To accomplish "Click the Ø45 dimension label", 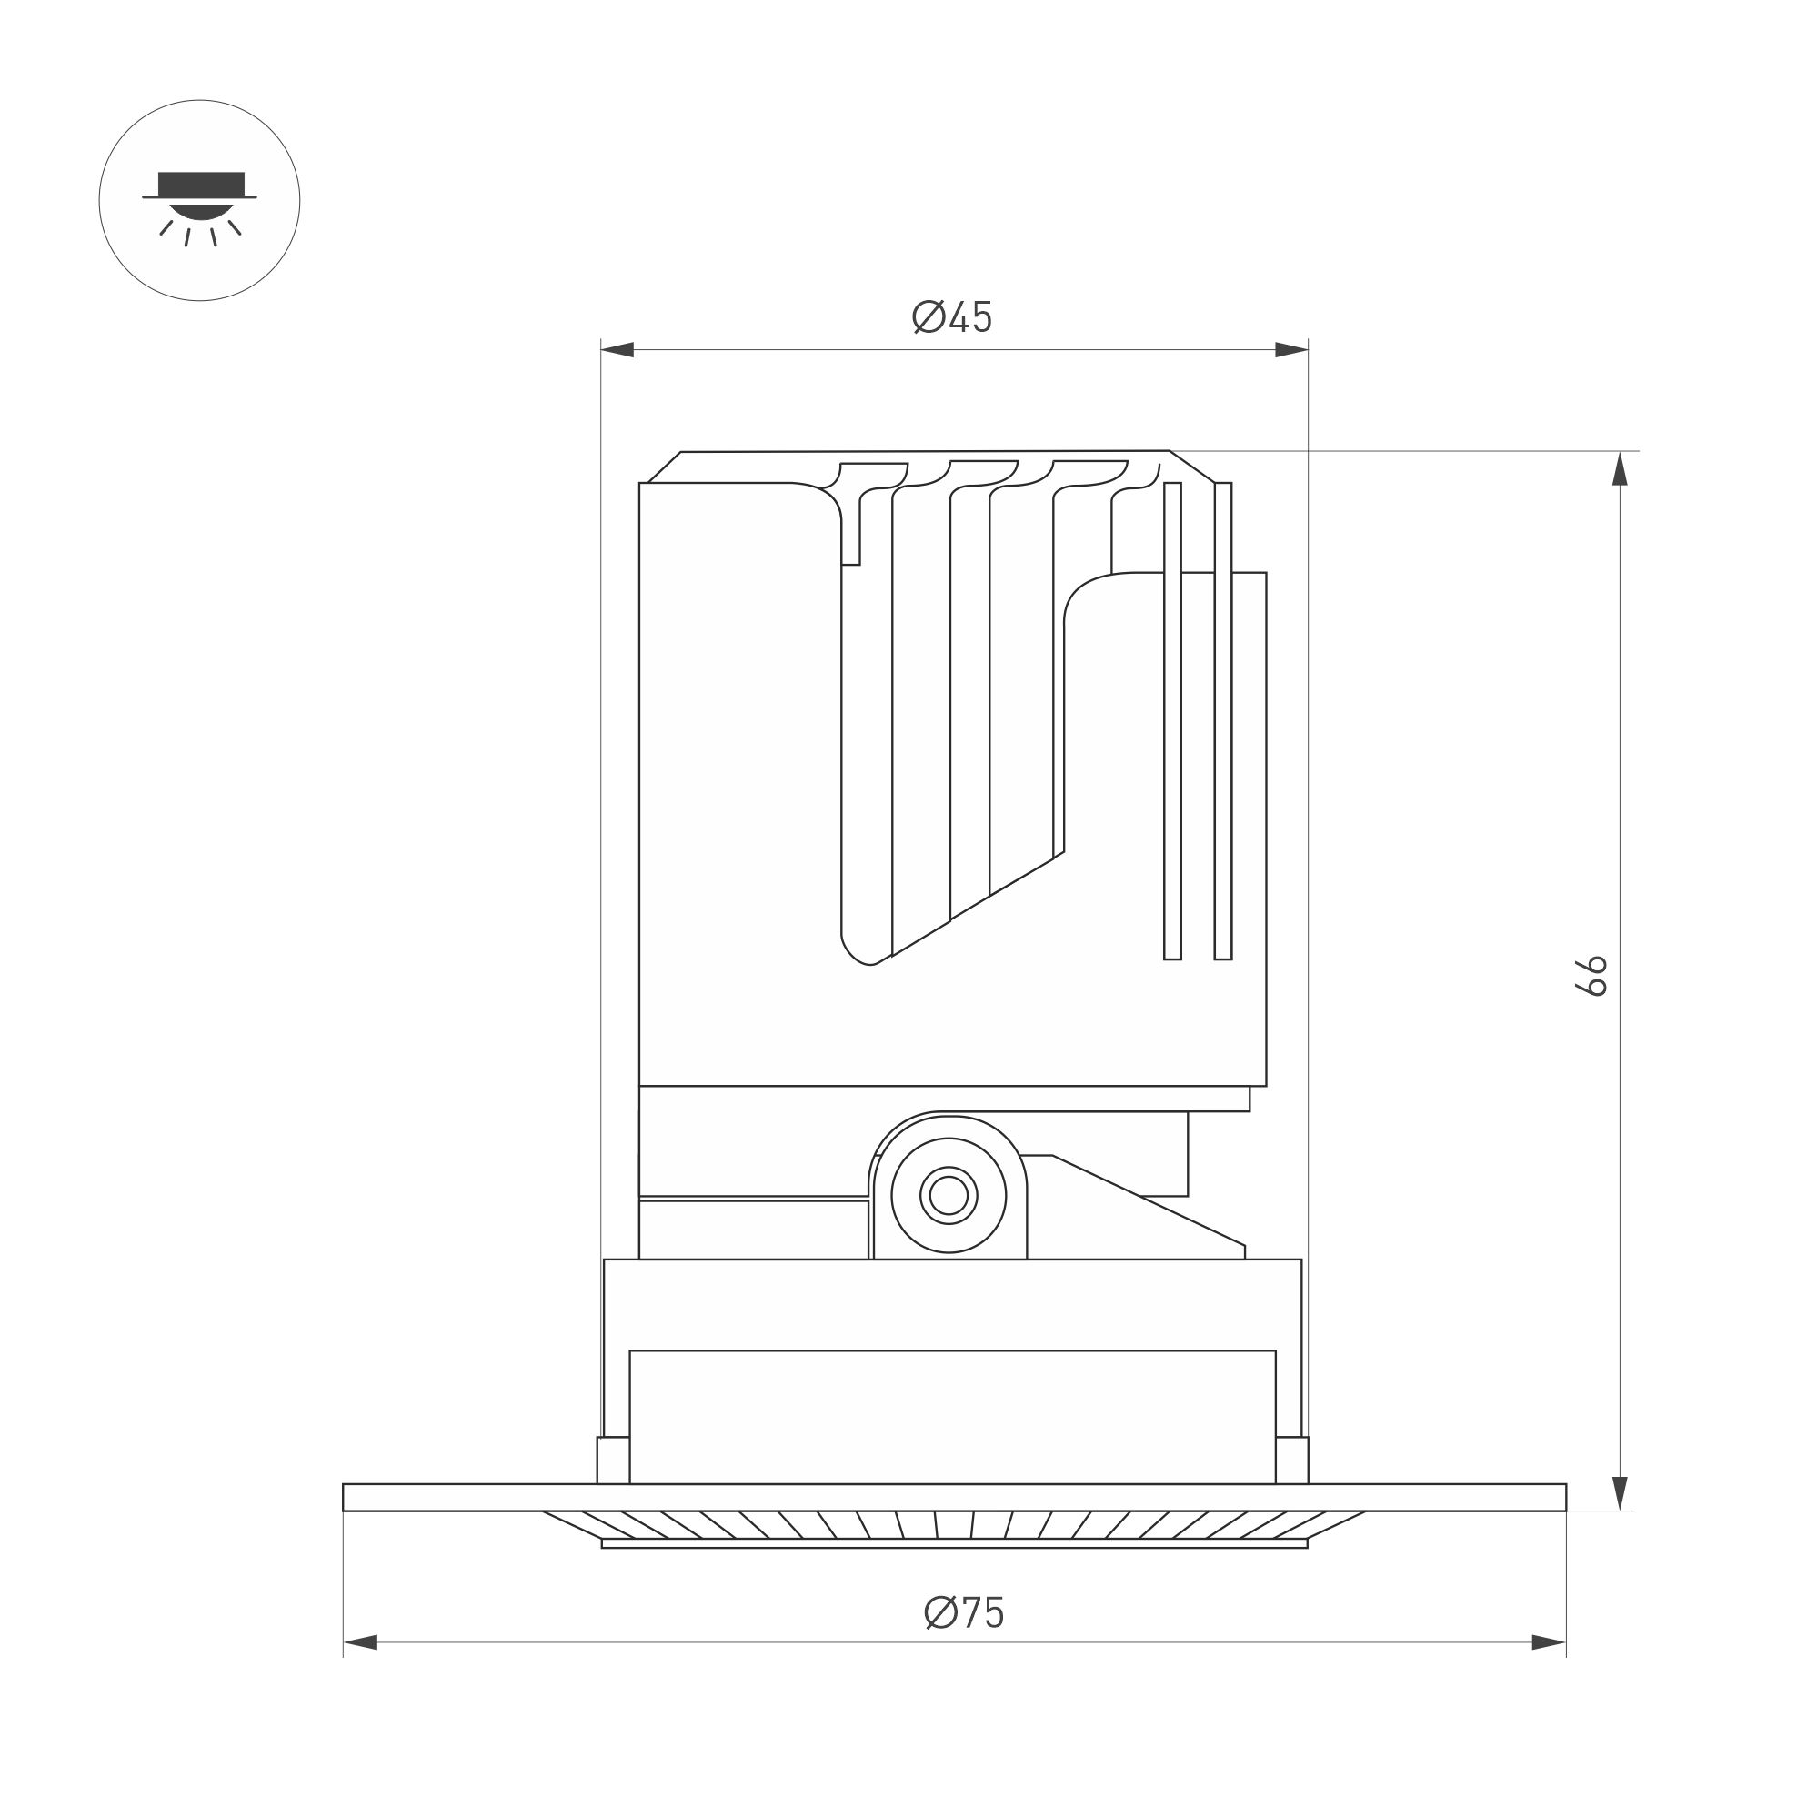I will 952,318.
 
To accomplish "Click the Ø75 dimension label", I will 964,1612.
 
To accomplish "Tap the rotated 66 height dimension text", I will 1591,975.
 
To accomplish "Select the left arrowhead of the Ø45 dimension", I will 617,350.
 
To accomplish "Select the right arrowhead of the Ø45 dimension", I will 1290,350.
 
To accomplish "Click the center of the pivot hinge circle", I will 948,1195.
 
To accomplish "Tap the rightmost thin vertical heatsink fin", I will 1222,720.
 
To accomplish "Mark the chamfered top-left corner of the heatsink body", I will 664,467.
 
